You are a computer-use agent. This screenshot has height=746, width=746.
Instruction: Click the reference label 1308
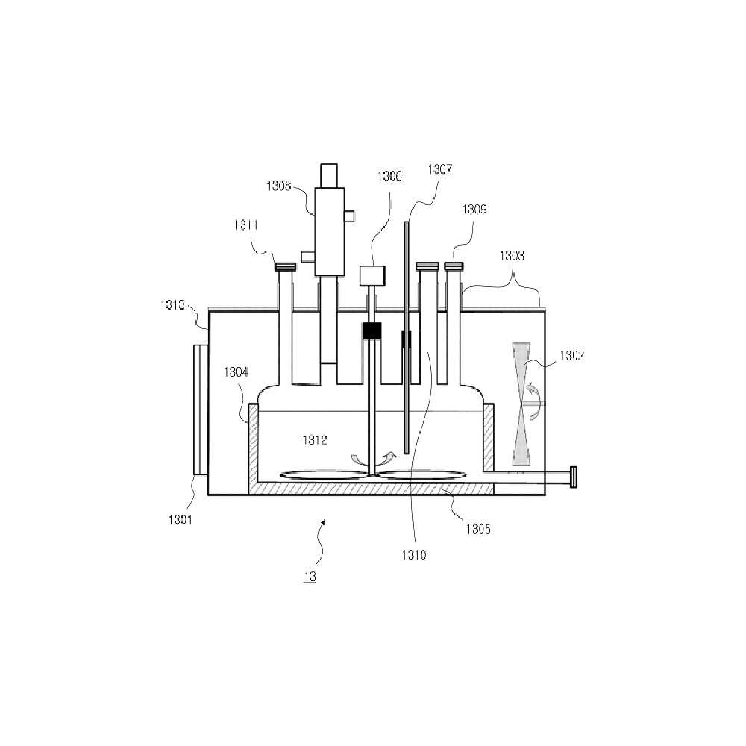[x=278, y=186]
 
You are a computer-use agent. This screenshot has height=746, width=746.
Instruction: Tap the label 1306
[x=389, y=177]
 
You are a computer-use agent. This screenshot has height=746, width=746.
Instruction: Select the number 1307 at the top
[x=440, y=169]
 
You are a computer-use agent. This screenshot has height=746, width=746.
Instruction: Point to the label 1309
[x=474, y=209]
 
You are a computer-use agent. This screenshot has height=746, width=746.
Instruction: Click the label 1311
[x=246, y=225]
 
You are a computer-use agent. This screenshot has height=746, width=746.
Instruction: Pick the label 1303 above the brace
[x=512, y=256]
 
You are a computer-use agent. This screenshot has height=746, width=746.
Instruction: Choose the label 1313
[x=172, y=305]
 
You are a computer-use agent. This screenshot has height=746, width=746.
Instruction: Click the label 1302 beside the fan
[x=572, y=356]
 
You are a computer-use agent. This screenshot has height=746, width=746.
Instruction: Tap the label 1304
[x=236, y=372]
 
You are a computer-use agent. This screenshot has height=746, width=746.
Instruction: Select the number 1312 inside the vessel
[x=315, y=441]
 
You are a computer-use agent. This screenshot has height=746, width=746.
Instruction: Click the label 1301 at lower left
[x=181, y=520]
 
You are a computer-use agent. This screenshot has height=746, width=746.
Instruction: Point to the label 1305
[x=478, y=530]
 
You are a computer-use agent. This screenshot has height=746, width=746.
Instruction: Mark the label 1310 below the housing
[x=414, y=555]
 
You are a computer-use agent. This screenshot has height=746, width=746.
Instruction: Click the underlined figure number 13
[x=310, y=577]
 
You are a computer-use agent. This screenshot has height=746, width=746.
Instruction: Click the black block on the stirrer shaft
[x=372, y=331]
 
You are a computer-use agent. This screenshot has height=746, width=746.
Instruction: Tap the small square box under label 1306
[x=372, y=276]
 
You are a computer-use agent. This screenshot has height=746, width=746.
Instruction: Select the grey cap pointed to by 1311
[x=286, y=267]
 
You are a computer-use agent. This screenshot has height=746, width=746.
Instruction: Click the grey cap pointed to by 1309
[x=454, y=266]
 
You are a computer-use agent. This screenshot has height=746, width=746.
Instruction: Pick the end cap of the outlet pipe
[x=573, y=477]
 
